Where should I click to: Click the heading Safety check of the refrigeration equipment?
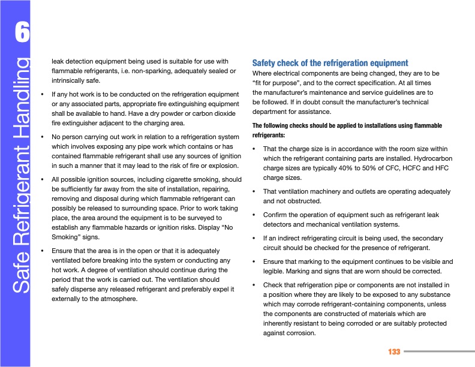[330, 63]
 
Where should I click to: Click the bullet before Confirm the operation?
[255, 215]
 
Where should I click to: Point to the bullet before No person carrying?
[42, 137]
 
